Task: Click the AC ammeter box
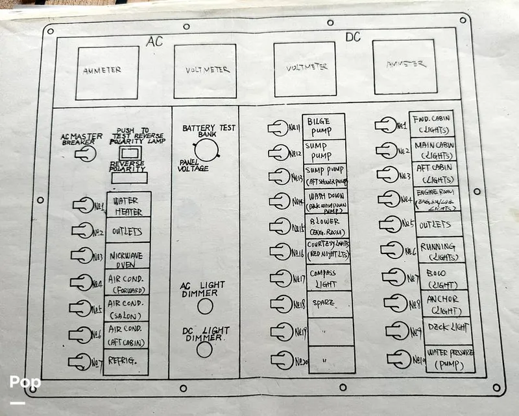click(x=106, y=72)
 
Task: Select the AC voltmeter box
click(x=205, y=71)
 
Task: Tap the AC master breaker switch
click(x=85, y=154)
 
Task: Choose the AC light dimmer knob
click(x=205, y=306)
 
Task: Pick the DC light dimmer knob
click(x=204, y=350)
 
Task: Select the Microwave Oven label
click(x=127, y=255)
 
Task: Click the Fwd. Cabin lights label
click(x=431, y=123)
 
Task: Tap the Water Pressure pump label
click(x=449, y=358)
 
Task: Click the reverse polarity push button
click(x=128, y=153)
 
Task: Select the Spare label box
click(x=330, y=303)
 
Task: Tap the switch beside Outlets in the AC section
click(x=84, y=230)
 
